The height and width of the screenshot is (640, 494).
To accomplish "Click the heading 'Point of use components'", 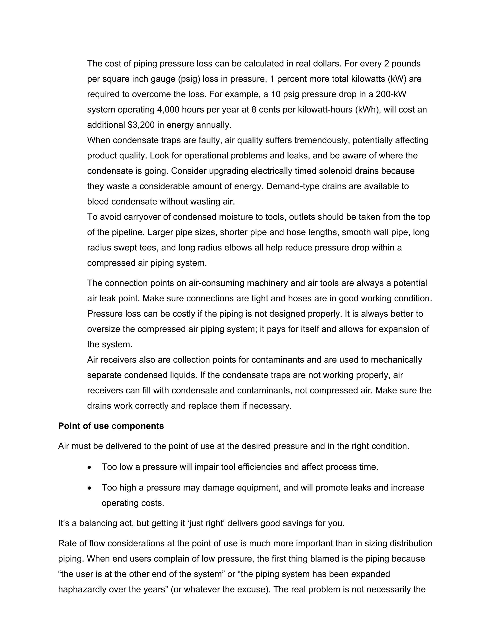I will (111, 426).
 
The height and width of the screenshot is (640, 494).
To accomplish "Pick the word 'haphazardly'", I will (82, 589).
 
